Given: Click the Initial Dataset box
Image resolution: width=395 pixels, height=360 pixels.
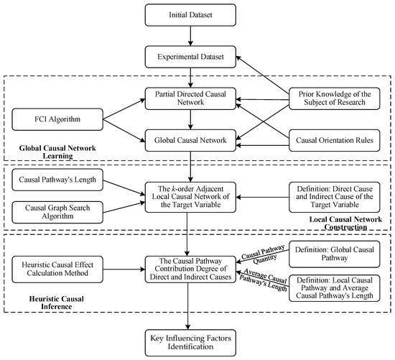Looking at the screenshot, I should click(x=190, y=15).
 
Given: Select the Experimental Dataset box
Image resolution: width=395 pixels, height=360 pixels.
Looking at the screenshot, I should click(x=190, y=56).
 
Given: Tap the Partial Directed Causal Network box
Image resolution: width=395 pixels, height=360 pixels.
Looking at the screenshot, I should click(x=190, y=98).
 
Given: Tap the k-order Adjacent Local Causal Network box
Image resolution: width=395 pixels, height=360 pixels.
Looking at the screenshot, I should click(x=190, y=195).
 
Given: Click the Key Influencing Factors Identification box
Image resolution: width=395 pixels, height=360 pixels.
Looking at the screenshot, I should click(x=190, y=342).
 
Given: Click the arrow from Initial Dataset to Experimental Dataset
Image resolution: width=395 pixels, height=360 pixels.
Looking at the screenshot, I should click(x=190, y=35).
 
